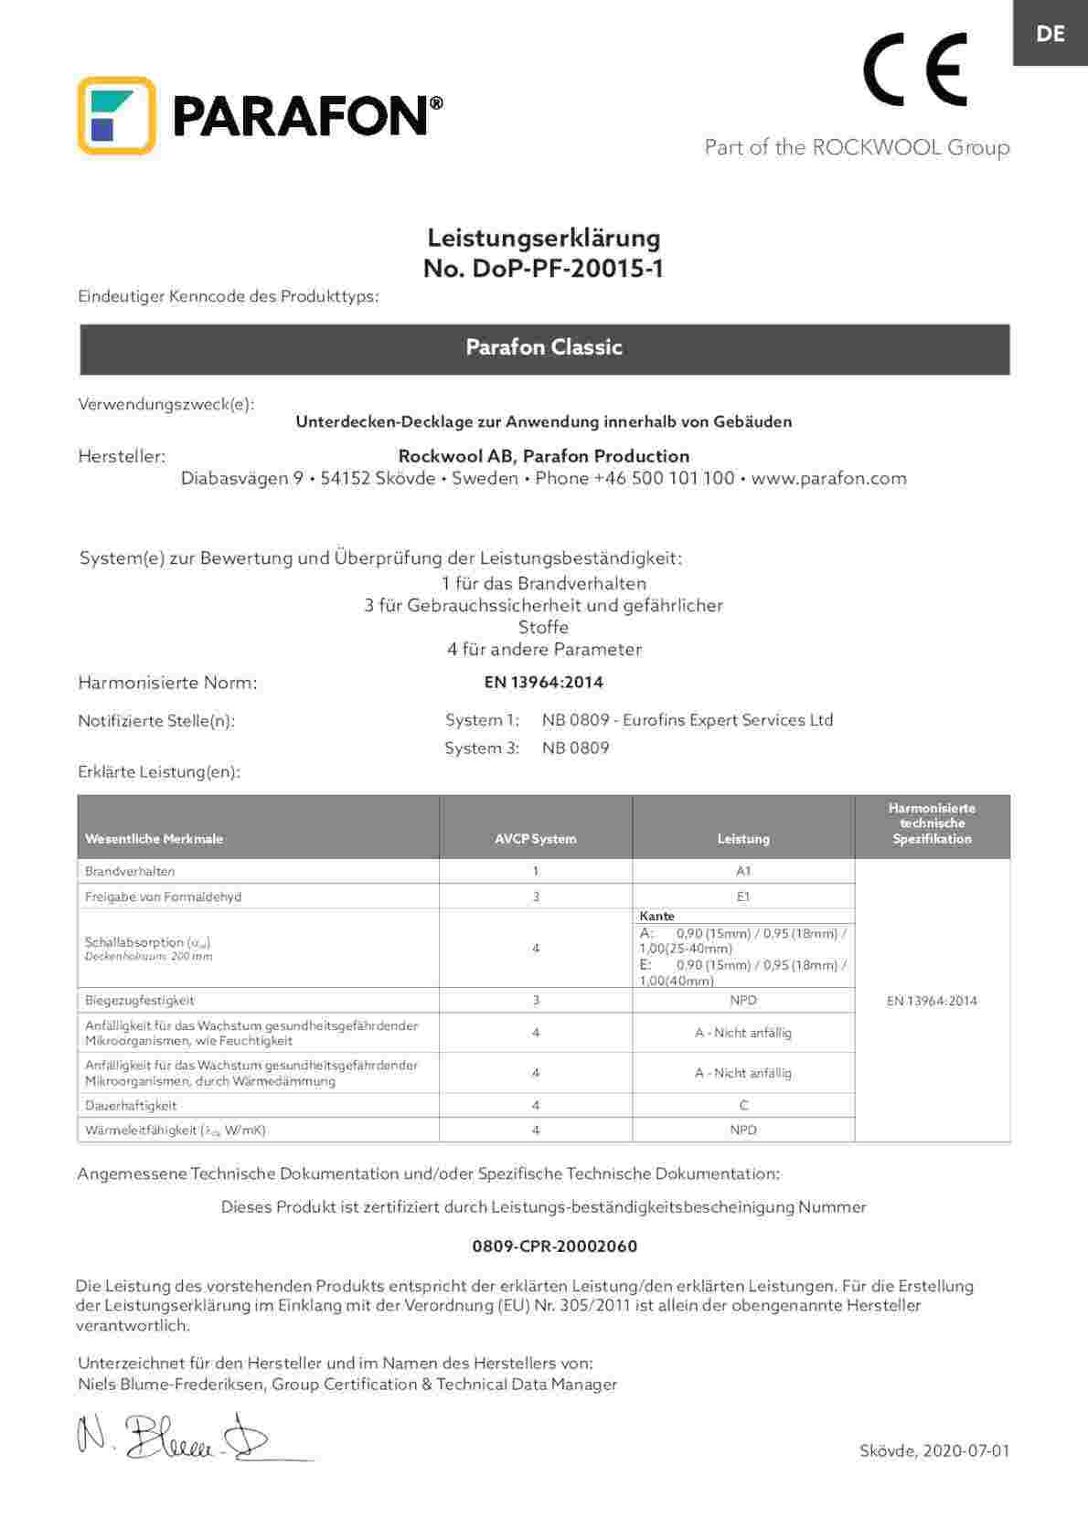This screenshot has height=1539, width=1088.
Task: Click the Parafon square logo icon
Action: point(116,115)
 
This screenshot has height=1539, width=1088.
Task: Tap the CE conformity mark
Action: point(915,70)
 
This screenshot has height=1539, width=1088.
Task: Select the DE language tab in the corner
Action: point(1051,33)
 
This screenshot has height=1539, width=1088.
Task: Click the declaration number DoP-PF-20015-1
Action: point(543,269)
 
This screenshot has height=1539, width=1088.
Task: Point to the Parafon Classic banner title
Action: point(544,347)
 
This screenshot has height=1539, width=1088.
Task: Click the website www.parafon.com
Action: point(828,478)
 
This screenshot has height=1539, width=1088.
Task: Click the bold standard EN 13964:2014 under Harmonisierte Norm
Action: point(543,682)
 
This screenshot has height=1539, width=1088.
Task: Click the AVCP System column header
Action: point(536,838)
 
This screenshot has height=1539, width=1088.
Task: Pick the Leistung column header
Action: point(743,838)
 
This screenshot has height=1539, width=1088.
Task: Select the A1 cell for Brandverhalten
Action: point(743,871)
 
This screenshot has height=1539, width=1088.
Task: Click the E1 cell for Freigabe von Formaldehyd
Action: point(743,897)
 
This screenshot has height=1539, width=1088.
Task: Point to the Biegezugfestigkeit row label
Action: point(139,1000)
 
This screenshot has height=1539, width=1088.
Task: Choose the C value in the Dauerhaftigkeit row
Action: point(743,1105)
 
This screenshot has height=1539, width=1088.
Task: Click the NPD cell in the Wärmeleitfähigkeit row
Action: point(743,1130)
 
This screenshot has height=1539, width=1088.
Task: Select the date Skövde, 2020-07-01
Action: point(934,1450)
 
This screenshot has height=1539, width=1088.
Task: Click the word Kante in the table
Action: point(657,916)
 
